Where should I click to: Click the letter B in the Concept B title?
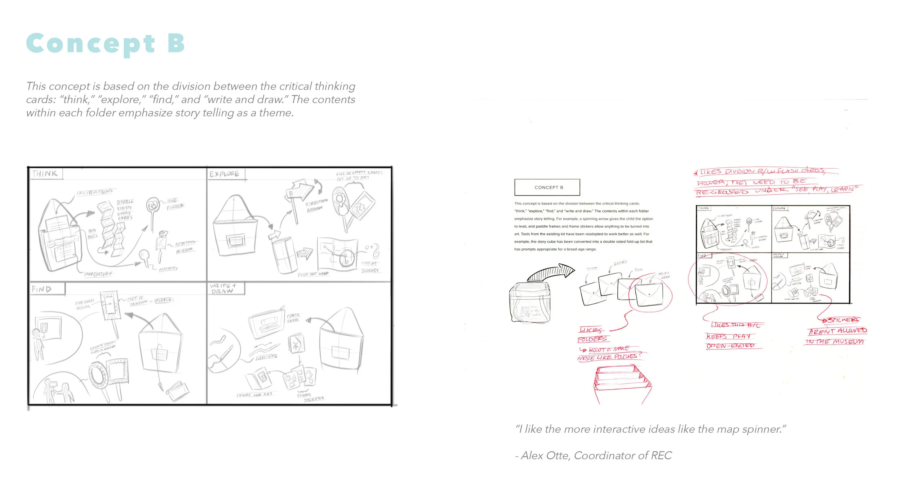(x=176, y=43)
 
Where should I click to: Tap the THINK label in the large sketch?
(x=45, y=173)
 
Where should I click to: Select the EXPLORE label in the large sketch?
(x=224, y=174)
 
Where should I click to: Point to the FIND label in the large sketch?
(x=42, y=289)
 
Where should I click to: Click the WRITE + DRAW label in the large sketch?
(x=223, y=288)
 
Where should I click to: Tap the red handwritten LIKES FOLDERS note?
(x=593, y=335)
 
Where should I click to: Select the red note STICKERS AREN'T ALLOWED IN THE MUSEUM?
(x=836, y=331)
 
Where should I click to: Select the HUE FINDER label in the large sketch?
(x=175, y=204)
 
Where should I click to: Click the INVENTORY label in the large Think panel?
(x=98, y=274)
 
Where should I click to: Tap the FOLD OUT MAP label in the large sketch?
(x=313, y=274)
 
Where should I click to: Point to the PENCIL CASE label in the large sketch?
(x=293, y=318)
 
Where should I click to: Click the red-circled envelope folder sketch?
(x=649, y=294)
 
